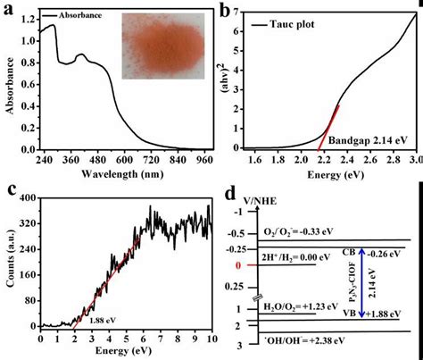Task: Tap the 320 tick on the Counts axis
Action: [29, 214]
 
